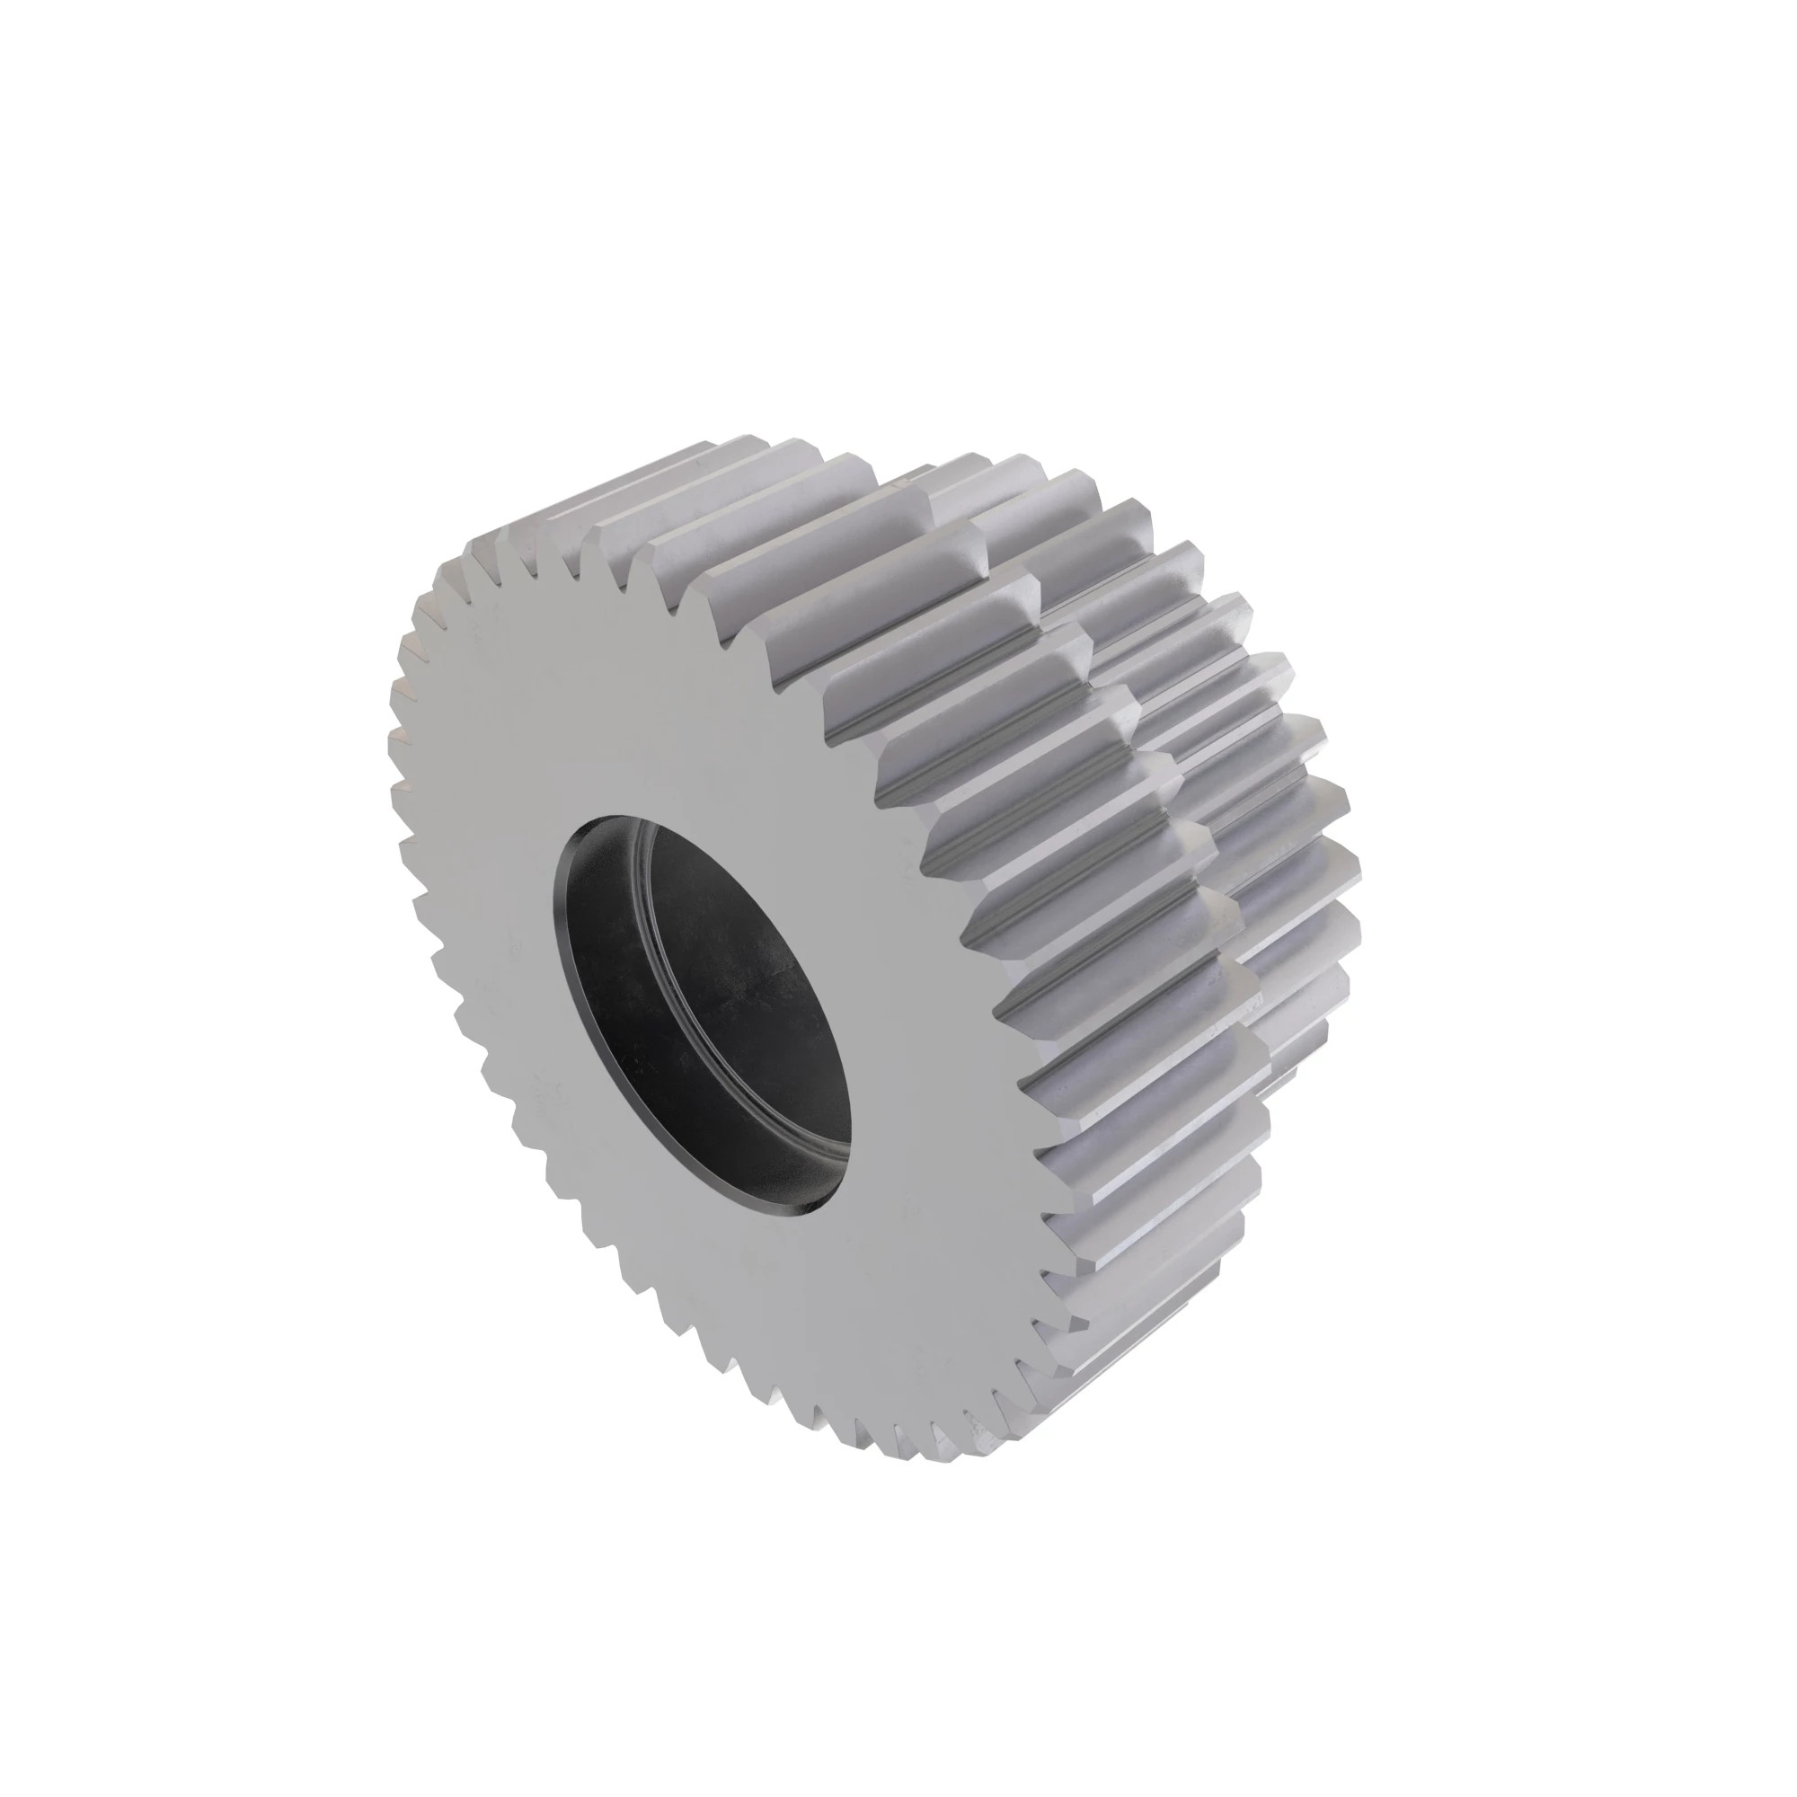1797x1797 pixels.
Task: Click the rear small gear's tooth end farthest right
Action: pyautogui.click(x=1349, y=865)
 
